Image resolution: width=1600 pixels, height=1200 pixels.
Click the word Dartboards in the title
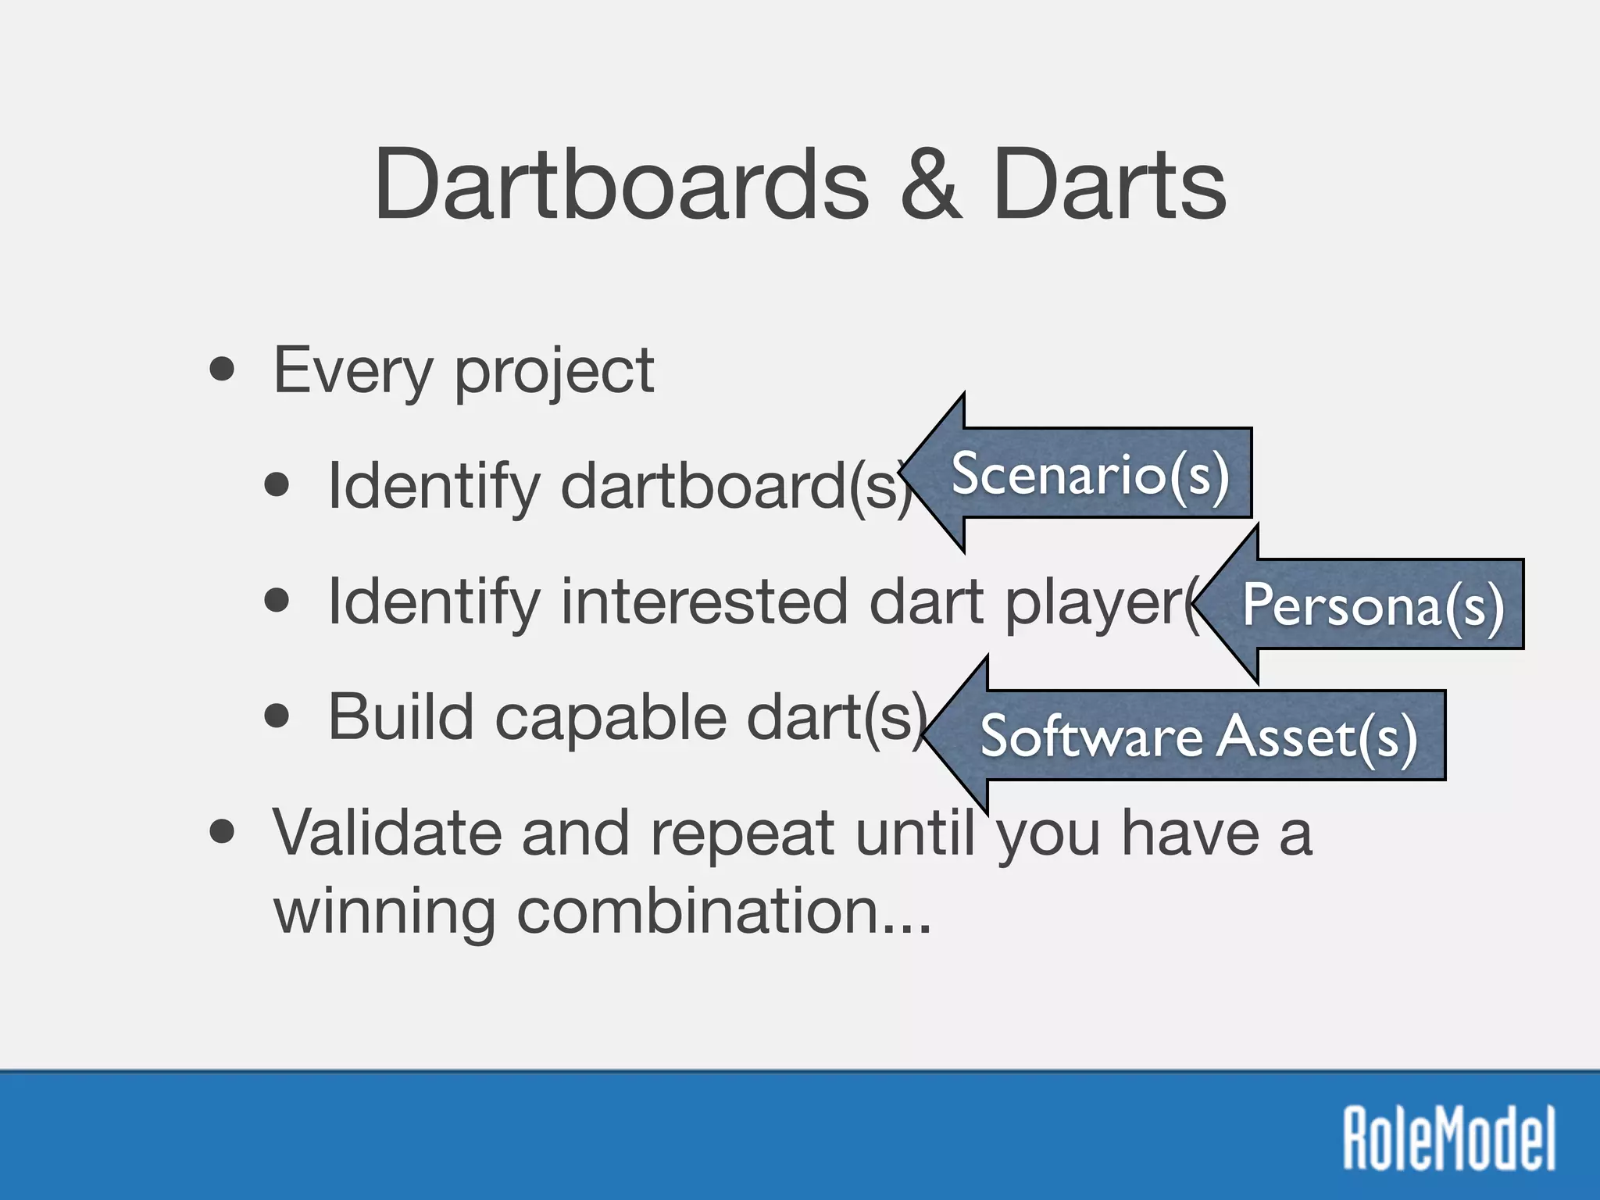pyautogui.click(x=621, y=185)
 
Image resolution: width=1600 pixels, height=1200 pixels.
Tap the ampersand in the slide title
pyautogui.click(x=930, y=185)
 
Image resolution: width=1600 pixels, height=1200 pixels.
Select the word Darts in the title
pyautogui.click(x=1109, y=185)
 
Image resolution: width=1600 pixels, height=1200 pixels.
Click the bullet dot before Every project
pyautogui.click(x=223, y=369)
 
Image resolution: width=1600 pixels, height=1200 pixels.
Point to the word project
pyautogui.click(x=554, y=372)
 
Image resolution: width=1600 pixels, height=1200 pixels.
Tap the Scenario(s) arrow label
pyautogui.click(x=1090, y=473)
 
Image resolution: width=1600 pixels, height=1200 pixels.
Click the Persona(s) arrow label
pyautogui.click(x=1373, y=605)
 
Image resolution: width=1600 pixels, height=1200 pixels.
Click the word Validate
pyautogui.click(x=387, y=833)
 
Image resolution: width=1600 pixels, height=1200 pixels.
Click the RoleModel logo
pyautogui.click(x=1449, y=1138)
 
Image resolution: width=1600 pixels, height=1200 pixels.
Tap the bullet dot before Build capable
pyautogui.click(x=277, y=716)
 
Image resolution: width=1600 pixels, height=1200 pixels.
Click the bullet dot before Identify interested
pyautogui.click(x=277, y=601)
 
